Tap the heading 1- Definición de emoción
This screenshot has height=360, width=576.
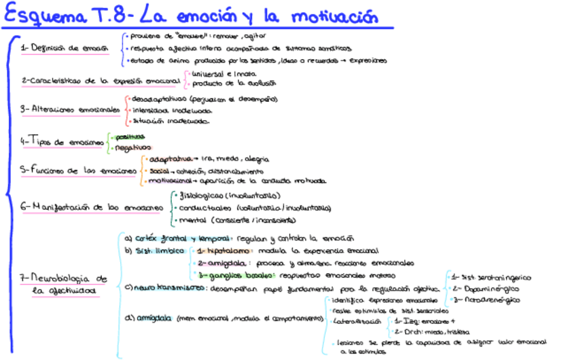65,48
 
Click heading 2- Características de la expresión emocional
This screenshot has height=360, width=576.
101,80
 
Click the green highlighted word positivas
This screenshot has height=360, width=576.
129,137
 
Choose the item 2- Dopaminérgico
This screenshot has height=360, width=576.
486,288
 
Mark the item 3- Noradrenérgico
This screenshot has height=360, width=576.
487,299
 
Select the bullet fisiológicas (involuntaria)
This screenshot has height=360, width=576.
218,196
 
